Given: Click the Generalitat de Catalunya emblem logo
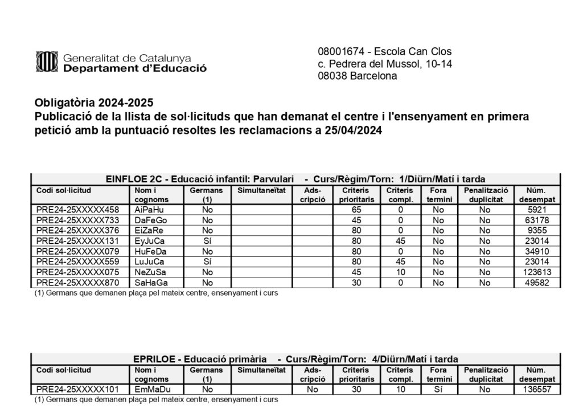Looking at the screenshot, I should tap(47, 63).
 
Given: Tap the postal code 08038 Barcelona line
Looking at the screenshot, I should tap(357, 76).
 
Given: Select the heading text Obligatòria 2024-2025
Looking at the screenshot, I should tap(94, 103).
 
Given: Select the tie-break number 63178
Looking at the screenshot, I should tap(537, 220).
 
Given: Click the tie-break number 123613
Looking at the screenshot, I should tap(537, 272).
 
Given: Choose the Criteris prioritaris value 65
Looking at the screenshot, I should tap(356, 210).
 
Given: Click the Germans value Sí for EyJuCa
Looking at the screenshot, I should tap(207, 241).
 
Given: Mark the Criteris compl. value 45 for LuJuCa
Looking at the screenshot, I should tap(400, 262).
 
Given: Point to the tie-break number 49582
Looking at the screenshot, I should tap(537, 283).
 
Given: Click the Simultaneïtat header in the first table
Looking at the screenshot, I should tap(261, 190).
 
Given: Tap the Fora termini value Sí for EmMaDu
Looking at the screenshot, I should tap(438, 390).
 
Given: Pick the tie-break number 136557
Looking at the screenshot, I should tap(537, 390).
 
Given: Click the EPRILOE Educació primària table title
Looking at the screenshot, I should tap(295, 359).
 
